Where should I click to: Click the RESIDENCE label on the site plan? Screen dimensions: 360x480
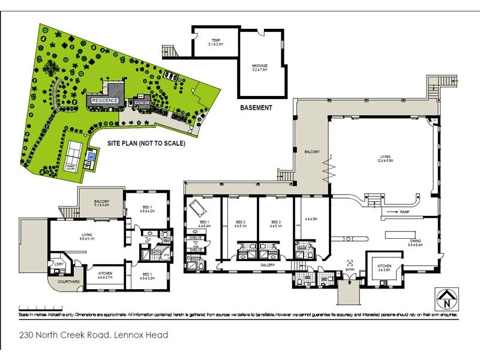click(104, 100)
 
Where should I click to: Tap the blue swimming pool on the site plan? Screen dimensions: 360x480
click(91, 156)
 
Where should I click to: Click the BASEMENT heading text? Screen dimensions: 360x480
click(256, 108)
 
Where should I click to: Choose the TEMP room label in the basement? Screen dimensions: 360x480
click(215, 42)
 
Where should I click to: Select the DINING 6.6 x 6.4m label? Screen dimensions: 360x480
click(415, 242)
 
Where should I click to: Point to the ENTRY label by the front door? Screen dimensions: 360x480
click(350, 269)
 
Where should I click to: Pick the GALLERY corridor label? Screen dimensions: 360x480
click(267, 264)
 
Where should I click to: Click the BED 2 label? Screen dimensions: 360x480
click(241, 224)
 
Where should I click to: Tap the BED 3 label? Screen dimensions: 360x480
click(276, 224)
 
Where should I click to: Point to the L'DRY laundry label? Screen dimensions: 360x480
click(59, 264)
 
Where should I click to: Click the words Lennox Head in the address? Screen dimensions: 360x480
click(140, 335)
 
